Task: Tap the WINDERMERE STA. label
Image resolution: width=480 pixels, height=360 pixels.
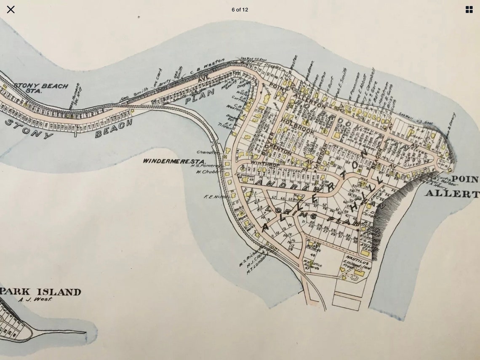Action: point(174,161)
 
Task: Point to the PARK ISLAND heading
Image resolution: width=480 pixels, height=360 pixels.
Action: point(40,292)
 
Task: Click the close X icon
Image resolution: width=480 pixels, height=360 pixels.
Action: point(11,9)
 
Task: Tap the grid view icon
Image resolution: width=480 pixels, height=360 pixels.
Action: point(469,9)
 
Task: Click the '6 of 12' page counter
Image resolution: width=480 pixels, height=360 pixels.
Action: point(240,10)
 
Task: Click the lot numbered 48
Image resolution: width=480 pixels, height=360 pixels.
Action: point(312,255)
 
